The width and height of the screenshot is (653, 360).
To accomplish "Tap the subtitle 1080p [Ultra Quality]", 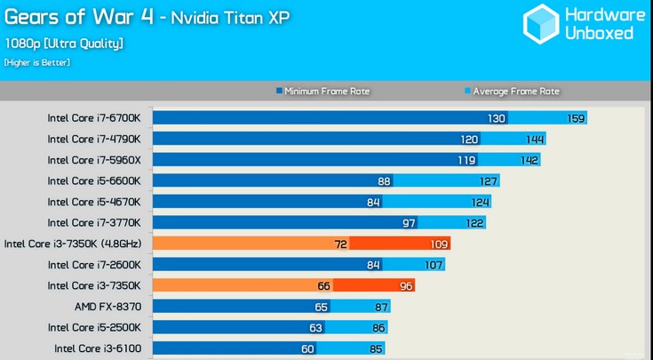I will pos(63,43).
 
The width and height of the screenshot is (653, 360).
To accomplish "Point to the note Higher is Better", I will pos(36,62).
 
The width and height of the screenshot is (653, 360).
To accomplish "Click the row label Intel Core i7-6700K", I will pos(100,118).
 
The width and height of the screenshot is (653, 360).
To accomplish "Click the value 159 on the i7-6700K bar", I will pos(576,118).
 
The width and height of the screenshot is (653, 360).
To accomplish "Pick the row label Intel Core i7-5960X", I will pos(100,160).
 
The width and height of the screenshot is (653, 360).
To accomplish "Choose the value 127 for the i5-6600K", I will pos(488,181).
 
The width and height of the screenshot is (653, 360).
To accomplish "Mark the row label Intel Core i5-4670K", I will pos(100,202).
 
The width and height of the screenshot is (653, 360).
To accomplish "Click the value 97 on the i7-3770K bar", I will pos(408,223).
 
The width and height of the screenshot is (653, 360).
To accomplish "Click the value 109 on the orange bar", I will pos(439,244).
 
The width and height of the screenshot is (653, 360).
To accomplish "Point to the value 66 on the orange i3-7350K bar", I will pos(323,286).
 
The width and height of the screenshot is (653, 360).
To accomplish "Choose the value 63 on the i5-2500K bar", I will pos(316,328).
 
